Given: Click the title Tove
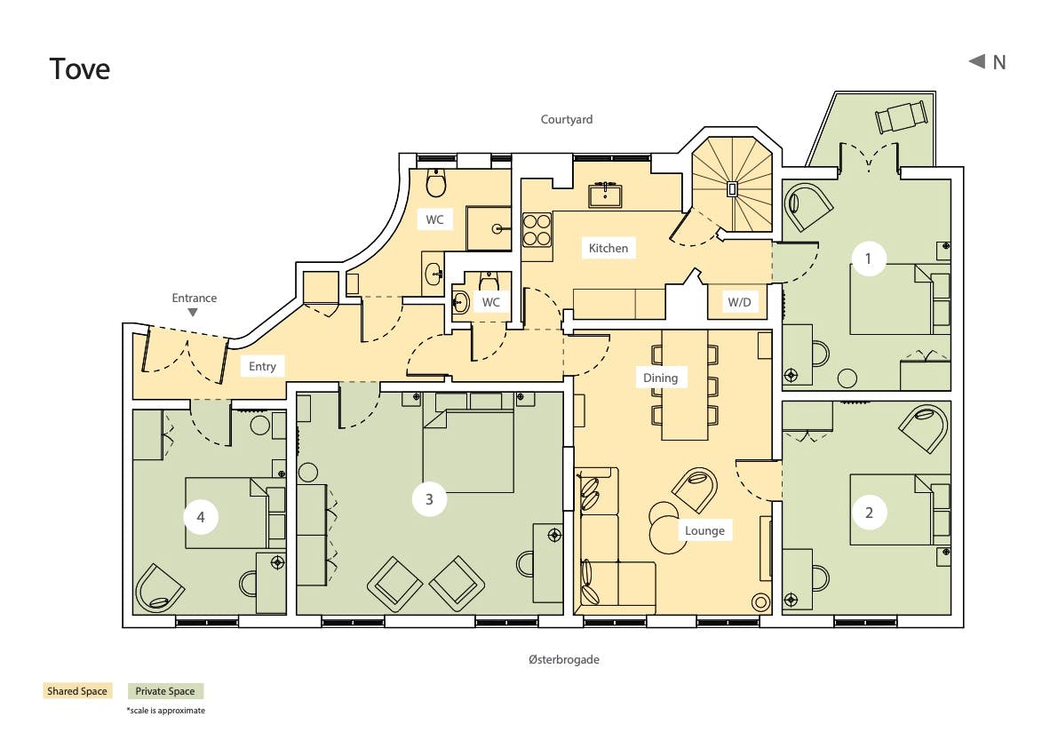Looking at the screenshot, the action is pyautogui.click(x=80, y=68).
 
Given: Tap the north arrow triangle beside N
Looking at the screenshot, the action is pyautogui.click(x=977, y=61).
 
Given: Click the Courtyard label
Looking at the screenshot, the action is pyautogui.click(x=567, y=119).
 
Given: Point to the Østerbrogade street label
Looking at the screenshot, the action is pyautogui.click(x=564, y=660).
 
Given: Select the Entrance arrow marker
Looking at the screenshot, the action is pyautogui.click(x=193, y=313).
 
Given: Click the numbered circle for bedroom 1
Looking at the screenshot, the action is pyautogui.click(x=869, y=259).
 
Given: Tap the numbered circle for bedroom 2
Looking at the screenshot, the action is pyautogui.click(x=869, y=513).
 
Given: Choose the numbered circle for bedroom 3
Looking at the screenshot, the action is pyautogui.click(x=429, y=499).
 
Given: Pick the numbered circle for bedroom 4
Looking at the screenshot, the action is pyautogui.click(x=201, y=517).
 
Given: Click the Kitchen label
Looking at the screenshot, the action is pyautogui.click(x=608, y=248).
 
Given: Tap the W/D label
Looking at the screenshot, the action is pyautogui.click(x=739, y=302).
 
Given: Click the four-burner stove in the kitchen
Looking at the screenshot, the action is pyautogui.click(x=537, y=229).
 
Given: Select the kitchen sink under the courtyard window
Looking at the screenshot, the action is pyautogui.click(x=605, y=195).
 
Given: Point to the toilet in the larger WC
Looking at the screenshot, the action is pyautogui.click(x=436, y=182).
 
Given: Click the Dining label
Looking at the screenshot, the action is pyautogui.click(x=660, y=378).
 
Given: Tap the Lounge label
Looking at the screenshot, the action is pyautogui.click(x=704, y=531).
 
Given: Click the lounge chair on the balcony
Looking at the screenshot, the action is pyautogui.click(x=901, y=116).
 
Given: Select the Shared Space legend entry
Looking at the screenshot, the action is pyautogui.click(x=77, y=690).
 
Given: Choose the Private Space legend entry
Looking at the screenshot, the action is pyautogui.click(x=165, y=690).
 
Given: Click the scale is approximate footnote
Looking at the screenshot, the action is pyautogui.click(x=166, y=710).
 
